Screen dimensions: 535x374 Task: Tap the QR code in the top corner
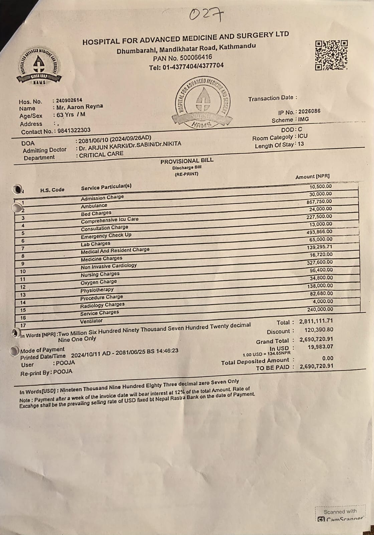(x=331, y=55)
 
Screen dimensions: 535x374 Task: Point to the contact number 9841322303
(x=74, y=130)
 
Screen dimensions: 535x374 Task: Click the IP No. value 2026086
(x=309, y=111)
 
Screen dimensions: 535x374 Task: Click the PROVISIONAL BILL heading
(x=187, y=161)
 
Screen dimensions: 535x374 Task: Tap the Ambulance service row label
(x=94, y=206)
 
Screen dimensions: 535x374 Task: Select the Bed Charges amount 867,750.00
(x=319, y=202)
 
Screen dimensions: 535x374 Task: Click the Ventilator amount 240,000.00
(x=320, y=309)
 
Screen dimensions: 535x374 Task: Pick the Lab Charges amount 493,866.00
(x=319, y=232)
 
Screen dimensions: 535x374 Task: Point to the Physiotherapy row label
(x=97, y=290)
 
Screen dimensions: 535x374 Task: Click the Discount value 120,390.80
(x=319, y=330)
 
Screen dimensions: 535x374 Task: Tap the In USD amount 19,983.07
(x=320, y=347)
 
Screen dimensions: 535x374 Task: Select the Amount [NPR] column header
(x=313, y=177)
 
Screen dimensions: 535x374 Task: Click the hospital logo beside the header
(x=39, y=65)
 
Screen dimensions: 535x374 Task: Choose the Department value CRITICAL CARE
(x=101, y=154)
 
